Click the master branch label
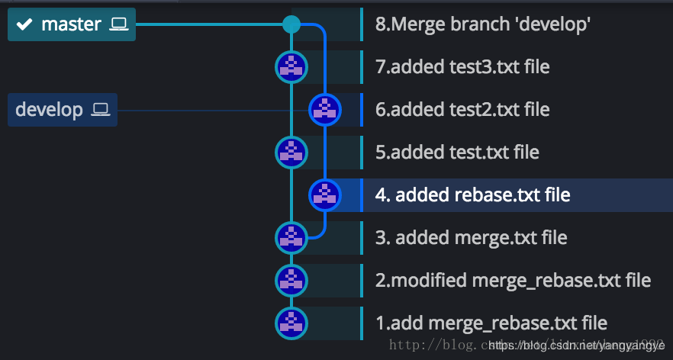point(71,24)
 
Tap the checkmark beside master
point(24,24)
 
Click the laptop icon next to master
point(118,24)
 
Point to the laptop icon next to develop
point(101,110)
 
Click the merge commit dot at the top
point(291,24)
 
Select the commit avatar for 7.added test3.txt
point(291,67)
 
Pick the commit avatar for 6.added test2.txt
point(324,110)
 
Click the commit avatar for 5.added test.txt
point(291,152)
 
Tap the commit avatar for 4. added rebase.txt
point(324,194)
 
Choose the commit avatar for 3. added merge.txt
point(291,237)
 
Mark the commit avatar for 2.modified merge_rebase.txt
point(291,280)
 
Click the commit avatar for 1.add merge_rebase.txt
point(291,323)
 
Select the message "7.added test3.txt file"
point(462,67)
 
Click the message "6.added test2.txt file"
point(462,110)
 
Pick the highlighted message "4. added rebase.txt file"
point(472,195)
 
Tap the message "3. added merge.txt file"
point(471,237)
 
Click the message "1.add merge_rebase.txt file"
point(491,323)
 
